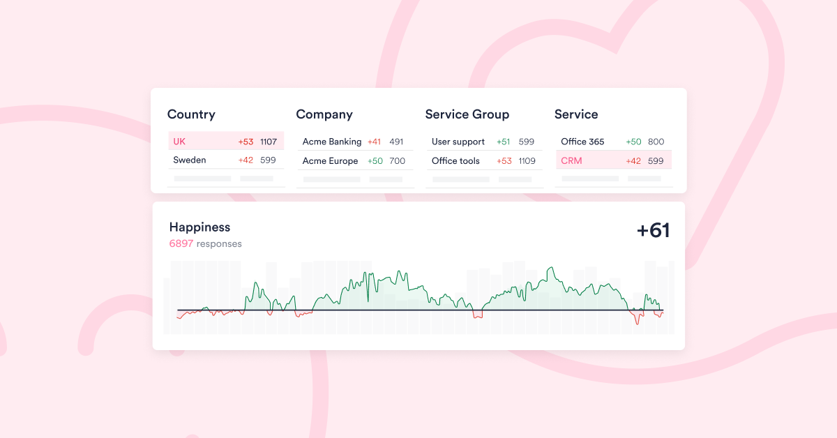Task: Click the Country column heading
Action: coord(191,114)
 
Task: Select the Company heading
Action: coord(324,114)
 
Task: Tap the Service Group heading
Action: coord(467,114)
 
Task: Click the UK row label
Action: coord(179,142)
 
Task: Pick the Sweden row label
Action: coord(190,160)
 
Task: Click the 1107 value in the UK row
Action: coord(269,142)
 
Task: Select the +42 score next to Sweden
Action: coord(246,160)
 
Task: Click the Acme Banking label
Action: coord(332,142)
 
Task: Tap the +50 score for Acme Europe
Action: coord(375,161)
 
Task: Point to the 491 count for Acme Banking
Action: coord(396,142)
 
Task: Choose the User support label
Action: coord(458,142)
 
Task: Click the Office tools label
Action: coord(455,161)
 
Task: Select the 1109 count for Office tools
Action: coord(527,161)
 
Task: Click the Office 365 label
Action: coord(582,142)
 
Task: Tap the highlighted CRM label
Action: coord(571,161)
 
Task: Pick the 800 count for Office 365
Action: coord(656,142)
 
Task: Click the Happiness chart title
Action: coord(199,227)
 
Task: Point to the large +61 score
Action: coord(653,231)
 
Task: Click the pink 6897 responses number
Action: coord(181,244)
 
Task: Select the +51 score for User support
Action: coord(504,142)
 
